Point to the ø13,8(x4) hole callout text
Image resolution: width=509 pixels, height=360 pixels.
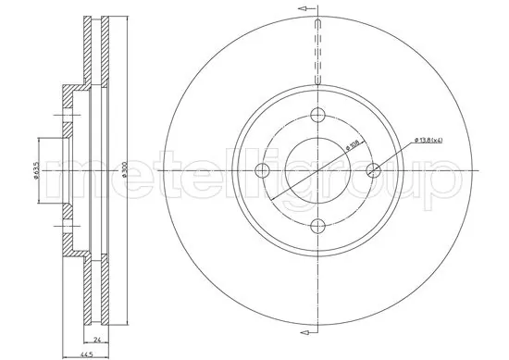427,140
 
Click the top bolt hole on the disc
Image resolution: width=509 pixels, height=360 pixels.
317,115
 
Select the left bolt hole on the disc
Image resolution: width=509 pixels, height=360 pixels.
262,170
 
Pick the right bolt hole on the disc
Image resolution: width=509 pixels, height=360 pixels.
374,170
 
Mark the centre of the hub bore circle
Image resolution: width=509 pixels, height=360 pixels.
317,171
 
